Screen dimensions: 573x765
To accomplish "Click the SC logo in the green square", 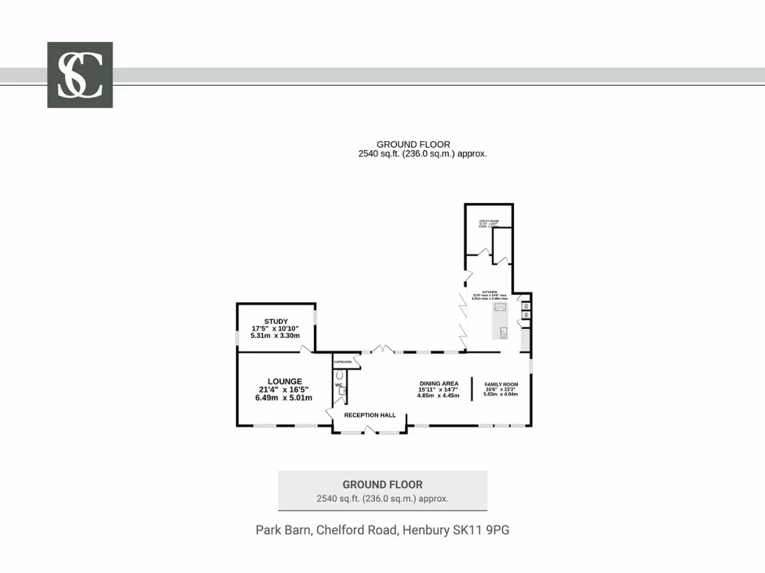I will [80, 75].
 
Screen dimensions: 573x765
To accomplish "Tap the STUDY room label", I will [276, 322].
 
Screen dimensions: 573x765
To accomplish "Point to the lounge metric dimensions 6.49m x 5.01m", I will [283, 398].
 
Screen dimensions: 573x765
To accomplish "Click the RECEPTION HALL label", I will [370, 415].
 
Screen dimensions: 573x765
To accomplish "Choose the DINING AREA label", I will [439, 383].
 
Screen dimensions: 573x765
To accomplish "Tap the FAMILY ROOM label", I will [501, 384].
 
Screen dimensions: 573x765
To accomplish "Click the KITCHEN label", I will [490, 292].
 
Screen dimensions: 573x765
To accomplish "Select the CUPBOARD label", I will [341, 362].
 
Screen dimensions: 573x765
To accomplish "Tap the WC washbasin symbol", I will [343, 390].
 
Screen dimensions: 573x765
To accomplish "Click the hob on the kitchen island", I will [500, 307].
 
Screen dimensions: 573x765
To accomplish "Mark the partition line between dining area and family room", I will [471, 389].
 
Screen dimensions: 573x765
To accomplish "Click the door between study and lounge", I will [305, 348].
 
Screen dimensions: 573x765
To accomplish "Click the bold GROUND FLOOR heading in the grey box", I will [382, 484].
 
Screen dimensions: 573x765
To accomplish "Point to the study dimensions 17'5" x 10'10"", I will [276, 329].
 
